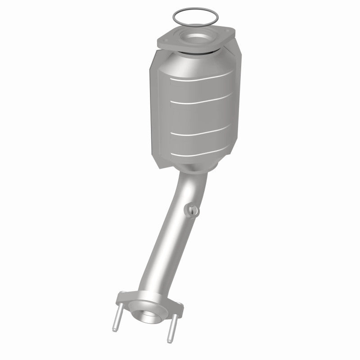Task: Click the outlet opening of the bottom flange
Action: pos(146,311)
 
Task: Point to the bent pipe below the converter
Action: pos(171,234)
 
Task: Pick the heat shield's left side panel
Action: pos(154,112)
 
